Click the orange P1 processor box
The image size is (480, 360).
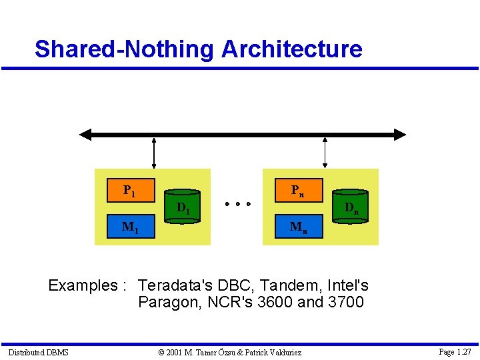click(x=131, y=190)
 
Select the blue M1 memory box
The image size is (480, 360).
click(x=131, y=227)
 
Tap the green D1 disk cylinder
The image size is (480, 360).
click(x=182, y=209)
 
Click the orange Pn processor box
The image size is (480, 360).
click(x=299, y=190)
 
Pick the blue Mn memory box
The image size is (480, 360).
click(x=299, y=227)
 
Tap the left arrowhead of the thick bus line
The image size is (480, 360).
click(x=85, y=135)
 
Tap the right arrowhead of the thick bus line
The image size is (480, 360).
click(x=399, y=135)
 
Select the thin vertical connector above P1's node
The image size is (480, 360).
click(x=154, y=153)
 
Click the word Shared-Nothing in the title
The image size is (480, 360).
click(x=124, y=49)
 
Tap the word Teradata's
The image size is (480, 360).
click(x=178, y=286)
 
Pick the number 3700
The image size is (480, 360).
click(x=346, y=303)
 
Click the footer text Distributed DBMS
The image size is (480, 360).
click(x=38, y=352)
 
